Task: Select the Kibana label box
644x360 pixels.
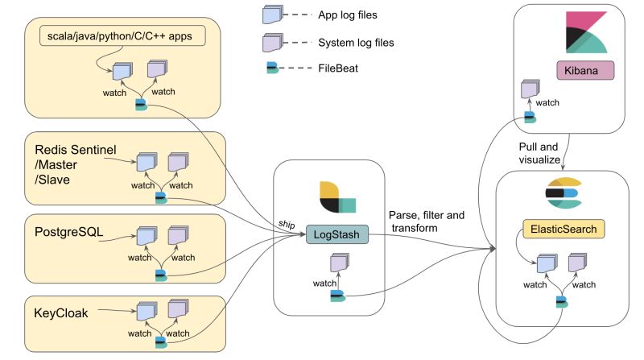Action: [x=585, y=70]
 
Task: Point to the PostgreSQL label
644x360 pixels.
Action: [x=72, y=232]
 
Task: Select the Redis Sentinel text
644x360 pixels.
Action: [x=76, y=150]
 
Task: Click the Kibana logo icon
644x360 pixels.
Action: [x=585, y=33]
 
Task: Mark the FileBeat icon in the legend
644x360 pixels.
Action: [x=273, y=68]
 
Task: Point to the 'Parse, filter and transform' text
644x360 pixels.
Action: [x=427, y=221]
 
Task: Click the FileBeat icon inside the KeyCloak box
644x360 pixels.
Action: [x=161, y=341]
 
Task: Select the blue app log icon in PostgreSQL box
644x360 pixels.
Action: [x=146, y=237]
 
